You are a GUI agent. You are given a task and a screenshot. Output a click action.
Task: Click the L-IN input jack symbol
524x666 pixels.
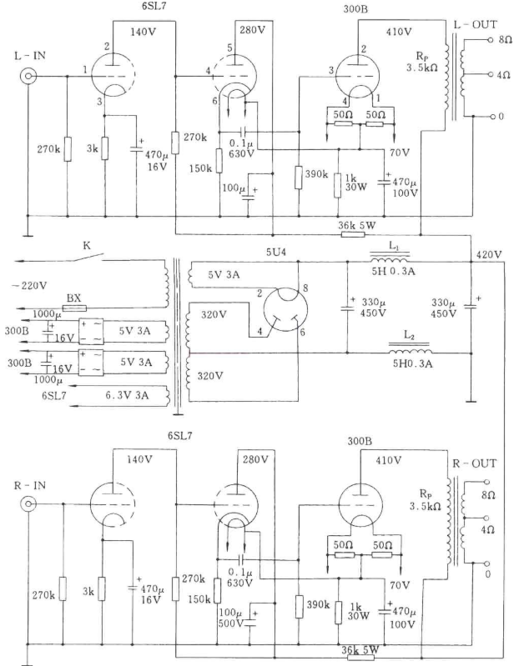[x=28, y=77]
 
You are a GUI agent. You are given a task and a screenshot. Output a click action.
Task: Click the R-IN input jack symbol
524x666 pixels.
[x=28, y=504]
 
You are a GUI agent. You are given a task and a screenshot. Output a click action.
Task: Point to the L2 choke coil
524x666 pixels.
[x=410, y=350]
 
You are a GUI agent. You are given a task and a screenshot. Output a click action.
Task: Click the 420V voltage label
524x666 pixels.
[x=490, y=255]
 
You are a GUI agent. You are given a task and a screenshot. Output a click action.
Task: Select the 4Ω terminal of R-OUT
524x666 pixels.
[x=486, y=518]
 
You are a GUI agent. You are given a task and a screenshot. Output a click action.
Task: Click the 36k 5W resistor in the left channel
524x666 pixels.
[x=353, y=234]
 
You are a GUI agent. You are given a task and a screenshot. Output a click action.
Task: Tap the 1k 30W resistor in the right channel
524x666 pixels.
[x=338, y=612]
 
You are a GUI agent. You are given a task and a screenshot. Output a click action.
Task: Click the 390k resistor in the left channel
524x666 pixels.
[x=298, y=177]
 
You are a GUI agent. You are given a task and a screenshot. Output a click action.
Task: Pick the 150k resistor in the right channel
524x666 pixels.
[x=217, y=590]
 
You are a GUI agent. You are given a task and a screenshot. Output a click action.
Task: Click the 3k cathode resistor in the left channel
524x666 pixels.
[x=104, y=148]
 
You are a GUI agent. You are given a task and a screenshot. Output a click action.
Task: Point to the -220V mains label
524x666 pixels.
[x=29, y=285]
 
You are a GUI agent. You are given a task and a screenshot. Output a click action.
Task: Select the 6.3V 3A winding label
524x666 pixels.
[x=126, y=395]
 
